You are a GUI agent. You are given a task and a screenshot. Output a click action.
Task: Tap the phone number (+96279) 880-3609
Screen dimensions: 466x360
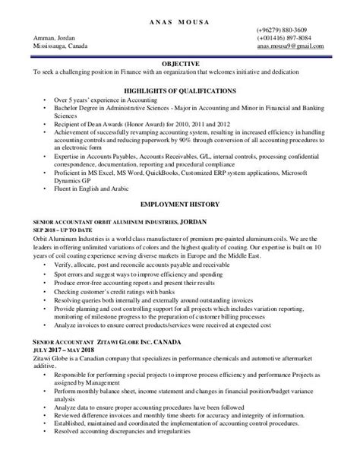pyautogui.click(x=283, y=30)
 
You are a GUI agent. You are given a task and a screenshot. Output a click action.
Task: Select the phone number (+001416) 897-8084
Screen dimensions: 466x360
pyautogui.click(x=283, y=38)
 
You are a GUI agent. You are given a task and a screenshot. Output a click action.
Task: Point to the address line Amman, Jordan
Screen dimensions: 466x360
pyautogui.click(x=54, y=38)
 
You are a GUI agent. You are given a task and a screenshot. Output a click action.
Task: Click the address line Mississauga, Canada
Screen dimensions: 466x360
pyautogui.click(x=60, y=46)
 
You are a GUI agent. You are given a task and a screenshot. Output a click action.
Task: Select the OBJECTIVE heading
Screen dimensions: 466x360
pyautogui.click(x=180, y=63)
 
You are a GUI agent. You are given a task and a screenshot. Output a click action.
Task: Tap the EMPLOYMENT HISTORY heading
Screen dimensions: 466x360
pyautogui.click(x=180, y=204)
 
